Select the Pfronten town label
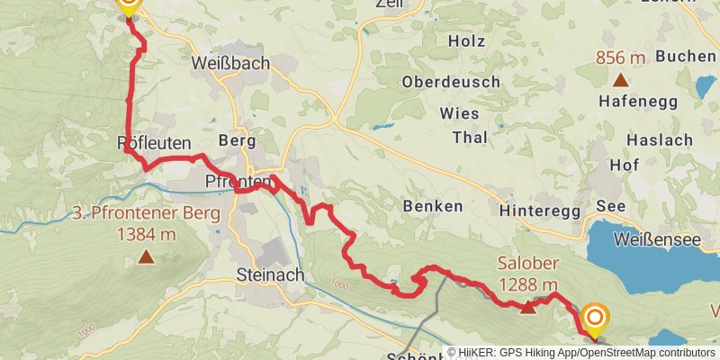238,183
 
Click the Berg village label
238,141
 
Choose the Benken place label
434,206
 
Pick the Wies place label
459,113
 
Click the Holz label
465,41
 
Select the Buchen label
685,56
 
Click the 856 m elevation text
621,58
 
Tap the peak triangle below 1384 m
146,258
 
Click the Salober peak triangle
527,308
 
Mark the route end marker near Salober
595,318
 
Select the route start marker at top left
128,4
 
